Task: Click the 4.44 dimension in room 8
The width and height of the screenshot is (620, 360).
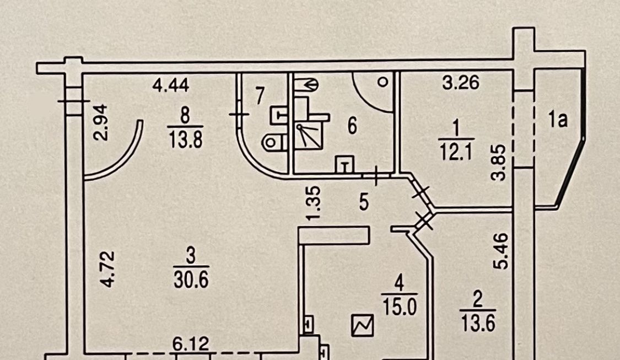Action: pyautogui.click(x=171, y=86)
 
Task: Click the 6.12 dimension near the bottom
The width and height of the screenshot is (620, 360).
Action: pyautogui.click(x=190, y=345)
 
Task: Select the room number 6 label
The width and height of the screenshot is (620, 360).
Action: pyautogui.click(x=352, y=126)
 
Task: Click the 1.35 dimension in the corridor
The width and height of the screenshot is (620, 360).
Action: pyautogui.click(x=313, y=203)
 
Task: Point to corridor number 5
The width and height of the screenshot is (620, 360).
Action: pyautogui.click(x=364, y=203)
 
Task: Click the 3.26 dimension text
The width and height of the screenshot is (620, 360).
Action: pyautogui.click(x=461, y=84)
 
